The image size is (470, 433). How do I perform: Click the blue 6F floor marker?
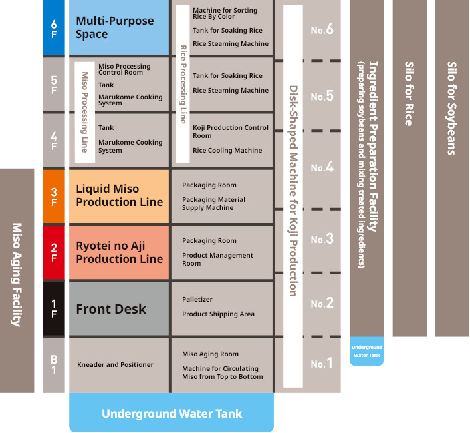coord(54,27)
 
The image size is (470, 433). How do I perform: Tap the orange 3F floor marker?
coord(54,197)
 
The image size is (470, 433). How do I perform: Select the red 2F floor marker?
coord(54,252)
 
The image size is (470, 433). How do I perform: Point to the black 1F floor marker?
coord(54,308)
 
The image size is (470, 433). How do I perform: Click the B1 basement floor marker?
coord(54,364)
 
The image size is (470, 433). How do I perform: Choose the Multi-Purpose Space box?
coord(119,27)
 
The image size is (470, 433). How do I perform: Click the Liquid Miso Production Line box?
coord(119,196)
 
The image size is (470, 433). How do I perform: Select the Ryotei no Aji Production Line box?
coord(119,252)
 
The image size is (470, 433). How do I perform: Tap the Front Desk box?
coord(119,309)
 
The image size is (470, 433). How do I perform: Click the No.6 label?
coord(322,30)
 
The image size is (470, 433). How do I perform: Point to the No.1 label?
coord(322,364)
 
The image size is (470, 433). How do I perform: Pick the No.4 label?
coord(322,167)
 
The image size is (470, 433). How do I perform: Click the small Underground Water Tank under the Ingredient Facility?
coord(367,351)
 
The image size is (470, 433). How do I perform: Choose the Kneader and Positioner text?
coord(115,364)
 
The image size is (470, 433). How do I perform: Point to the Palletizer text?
coord(197,300)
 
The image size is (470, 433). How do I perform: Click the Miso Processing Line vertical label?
coord(84,112)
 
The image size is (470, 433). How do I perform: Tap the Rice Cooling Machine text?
coord(227,151)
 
